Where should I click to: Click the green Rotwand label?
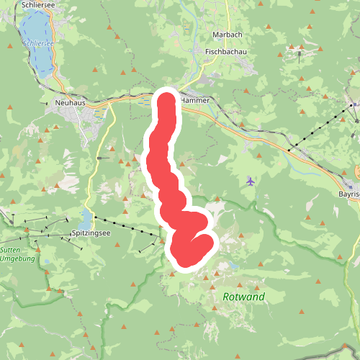243,297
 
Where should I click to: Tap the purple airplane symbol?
250,181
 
